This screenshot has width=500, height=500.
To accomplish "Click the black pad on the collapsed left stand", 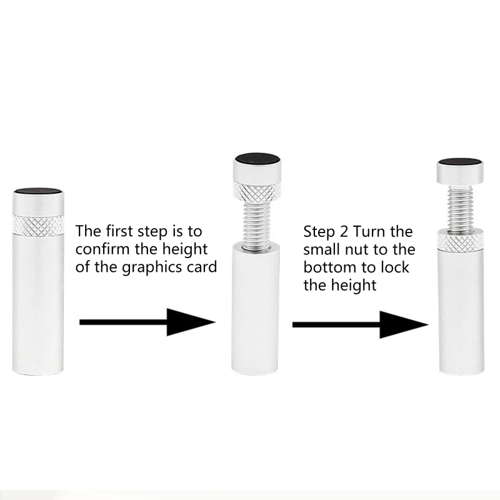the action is coord(38,191).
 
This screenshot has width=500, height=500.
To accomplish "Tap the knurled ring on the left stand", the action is coord(38,225).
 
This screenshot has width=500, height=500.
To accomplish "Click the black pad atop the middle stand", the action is coord(257,159).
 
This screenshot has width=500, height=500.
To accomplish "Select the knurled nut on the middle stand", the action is coord(257,192).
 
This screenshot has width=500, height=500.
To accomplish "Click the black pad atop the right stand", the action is coord(460,162).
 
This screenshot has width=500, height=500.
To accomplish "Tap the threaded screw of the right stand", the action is coord(460,209).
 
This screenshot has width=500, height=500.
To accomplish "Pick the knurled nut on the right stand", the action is coord(461,240).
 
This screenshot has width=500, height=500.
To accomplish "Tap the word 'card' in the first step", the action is coord(202,267).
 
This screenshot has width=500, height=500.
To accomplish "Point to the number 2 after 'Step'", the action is coord(344,232).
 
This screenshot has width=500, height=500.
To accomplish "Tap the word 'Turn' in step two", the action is coord(367,232).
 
